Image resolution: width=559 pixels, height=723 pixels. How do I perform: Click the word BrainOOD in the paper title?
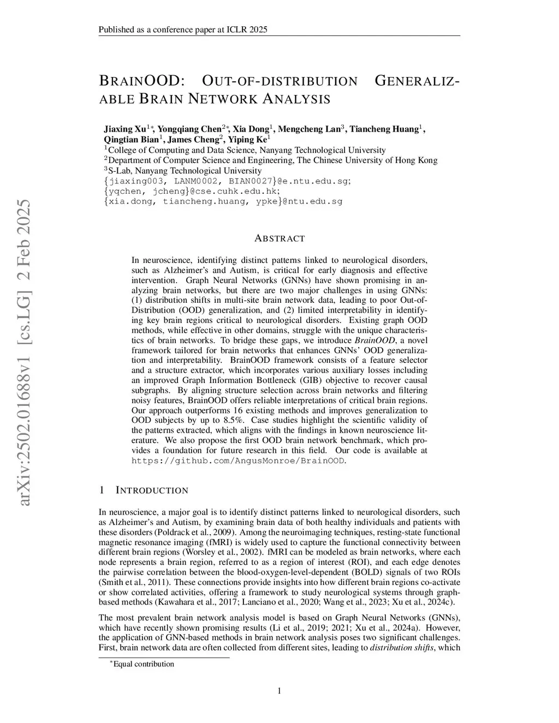tap(141, 81)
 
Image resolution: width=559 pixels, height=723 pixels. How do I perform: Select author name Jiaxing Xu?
tap(126, 129)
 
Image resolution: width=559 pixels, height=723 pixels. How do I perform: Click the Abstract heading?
tap(279, 238)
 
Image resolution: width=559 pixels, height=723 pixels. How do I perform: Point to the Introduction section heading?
tap(152, 490)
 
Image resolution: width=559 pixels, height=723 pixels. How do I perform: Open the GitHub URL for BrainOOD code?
tap(239, 461)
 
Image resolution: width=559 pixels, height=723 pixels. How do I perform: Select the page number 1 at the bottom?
tap(279, 691)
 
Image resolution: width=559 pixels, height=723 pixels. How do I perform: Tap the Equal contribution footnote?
tap(143, 664)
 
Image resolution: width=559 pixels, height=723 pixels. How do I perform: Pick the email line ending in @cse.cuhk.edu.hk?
tap(192, 191)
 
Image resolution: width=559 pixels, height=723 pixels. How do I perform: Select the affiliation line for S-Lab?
tap(183, 171)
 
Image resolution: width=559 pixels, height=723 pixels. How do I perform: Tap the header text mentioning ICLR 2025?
tap(183, 29)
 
